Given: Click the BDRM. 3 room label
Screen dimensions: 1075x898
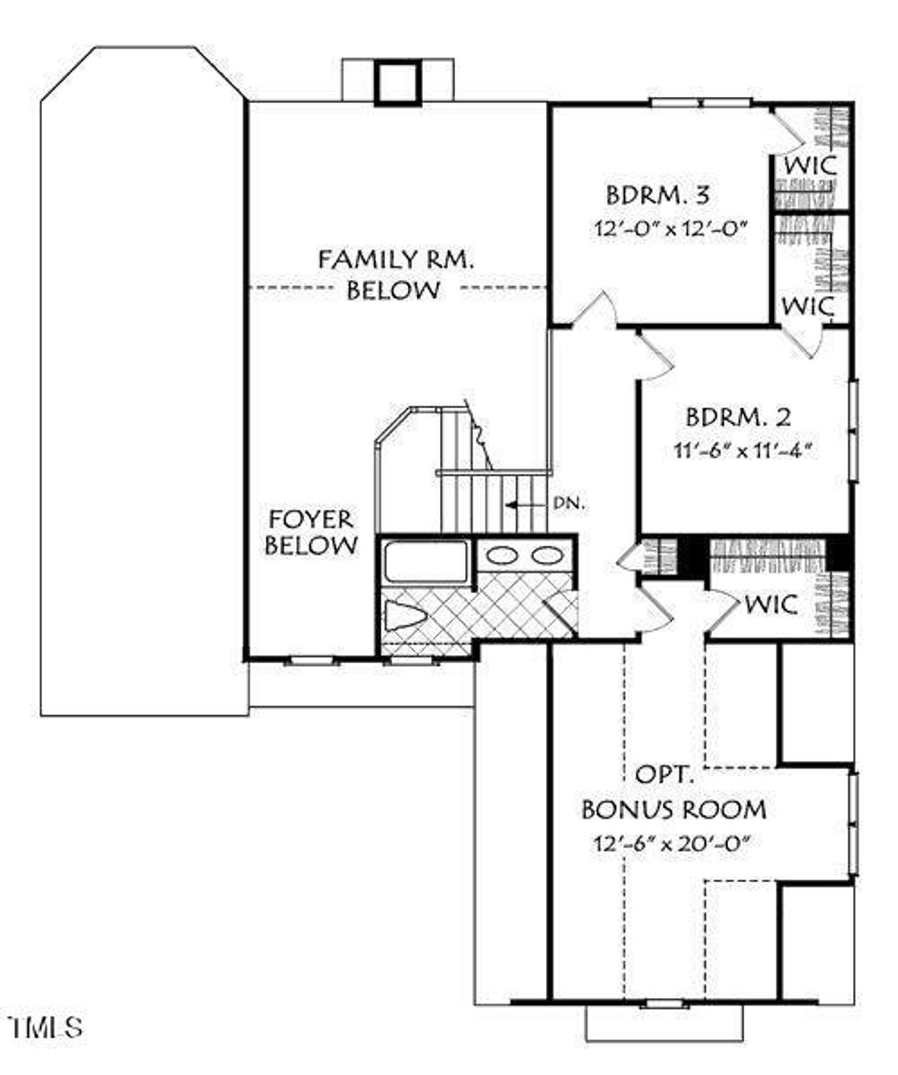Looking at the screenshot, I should pyautogui.click(x=657, y=195).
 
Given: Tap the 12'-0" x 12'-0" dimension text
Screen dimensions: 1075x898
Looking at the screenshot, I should pyautogui.click(x=669, y=229).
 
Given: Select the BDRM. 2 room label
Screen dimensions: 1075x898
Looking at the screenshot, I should pyautogui.click(x=738, y=417).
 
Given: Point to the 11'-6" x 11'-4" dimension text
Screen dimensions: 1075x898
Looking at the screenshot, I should pyautogui.click(x=742, y=450).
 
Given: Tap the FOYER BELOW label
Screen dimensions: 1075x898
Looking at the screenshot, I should pyautogui.click(x=311, y=532).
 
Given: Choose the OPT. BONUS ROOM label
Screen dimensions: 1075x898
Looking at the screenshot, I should pyautogui.click(x=673, y=793).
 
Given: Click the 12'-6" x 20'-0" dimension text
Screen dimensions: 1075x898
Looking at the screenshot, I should pyautogui.click(x=672, y=844).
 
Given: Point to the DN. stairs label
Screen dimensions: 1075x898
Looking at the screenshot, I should pyautogui.click(x=568, y=503).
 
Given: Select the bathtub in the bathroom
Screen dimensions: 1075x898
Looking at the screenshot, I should pyautogui.click(x=425, y=561).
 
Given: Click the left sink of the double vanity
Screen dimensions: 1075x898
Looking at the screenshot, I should pyautogui.click(x=502, y=556).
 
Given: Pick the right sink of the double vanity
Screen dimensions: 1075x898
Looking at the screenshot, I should pyautogui.click(x=547, y=556).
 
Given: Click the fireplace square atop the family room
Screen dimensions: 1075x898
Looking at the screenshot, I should pyautogui.click(x=397, y=83).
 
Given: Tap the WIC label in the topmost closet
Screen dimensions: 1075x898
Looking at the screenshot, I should pyautogui.click(x=810, y=166).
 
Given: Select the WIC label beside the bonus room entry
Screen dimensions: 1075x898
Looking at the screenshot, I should pyautogui.click(x=771, y=604).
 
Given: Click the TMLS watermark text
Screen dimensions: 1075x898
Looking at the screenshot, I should pyautogui.click(x=46, y=1027).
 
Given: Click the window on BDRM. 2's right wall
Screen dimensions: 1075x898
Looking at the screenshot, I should pyautogui.click(x=853, y=430).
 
